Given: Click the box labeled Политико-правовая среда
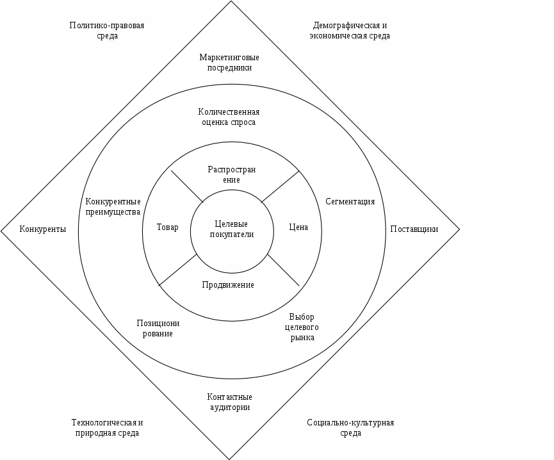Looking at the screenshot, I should pyautogui.click(x=106, y=32).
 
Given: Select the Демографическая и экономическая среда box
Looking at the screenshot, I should pyautogui.click(x=350, y=32).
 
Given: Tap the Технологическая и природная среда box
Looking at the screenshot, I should pyautogui.click(x=106, y=429).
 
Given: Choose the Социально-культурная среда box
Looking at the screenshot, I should pyautogui.click(x=350, y=429).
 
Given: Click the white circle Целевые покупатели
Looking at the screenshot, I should pyautogui.click(x=232, y=229).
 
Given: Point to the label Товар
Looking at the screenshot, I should pyautogui.click(x=167, y=227).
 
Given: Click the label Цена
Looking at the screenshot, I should pyautogui.click(x=298, y=227).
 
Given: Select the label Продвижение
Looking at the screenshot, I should pyautogui.click(x=228, y=284).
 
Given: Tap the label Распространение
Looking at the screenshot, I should pyautogui.click(x=232, y=175).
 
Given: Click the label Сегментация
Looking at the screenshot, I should pyautogui.click(x=350, y=202).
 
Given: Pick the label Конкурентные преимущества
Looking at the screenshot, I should pyautogui.click(x=113, y=207).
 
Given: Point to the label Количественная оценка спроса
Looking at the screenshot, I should pyautogui.click(x=229, y=117).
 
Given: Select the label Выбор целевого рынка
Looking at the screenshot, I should pyautogui.click(x=302, y=327).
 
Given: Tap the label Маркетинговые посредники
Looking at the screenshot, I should pyautogui.click(x=229, y=62).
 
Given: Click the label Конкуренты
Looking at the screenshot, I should pyautogui.click(x=42, y=229).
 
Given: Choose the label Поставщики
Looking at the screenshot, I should pyautogui.click(x=414, y=229).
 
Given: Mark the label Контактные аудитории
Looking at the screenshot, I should pyautogui.click(x=229, y=402).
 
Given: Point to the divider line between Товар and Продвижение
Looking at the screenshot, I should pyautogui.click(x=178, y=270).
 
